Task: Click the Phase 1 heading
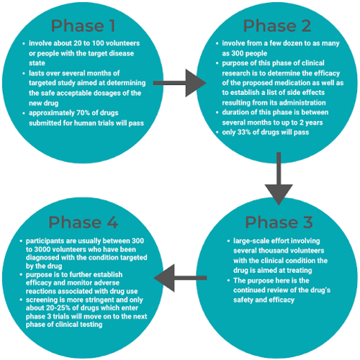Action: [x=83, y=26]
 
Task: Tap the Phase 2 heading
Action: [x=277, y=26]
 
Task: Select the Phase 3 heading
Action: [x=279, y=222]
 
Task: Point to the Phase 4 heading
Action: [x=83, y=222]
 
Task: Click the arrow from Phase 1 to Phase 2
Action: [x=179, y=83]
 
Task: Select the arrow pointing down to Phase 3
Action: [x=279, y=179]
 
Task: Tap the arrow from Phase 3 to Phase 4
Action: [x=180, y=278]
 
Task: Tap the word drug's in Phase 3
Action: [x=320, y=290]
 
